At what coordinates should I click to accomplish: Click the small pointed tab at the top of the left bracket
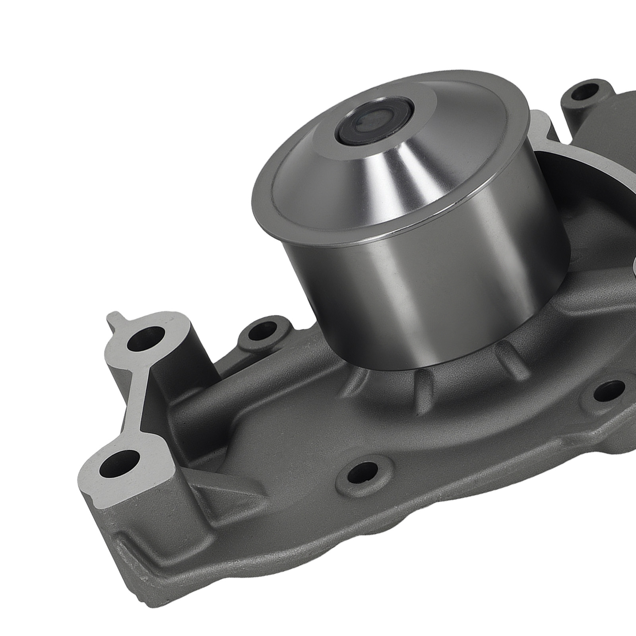(x=113, y=320)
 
